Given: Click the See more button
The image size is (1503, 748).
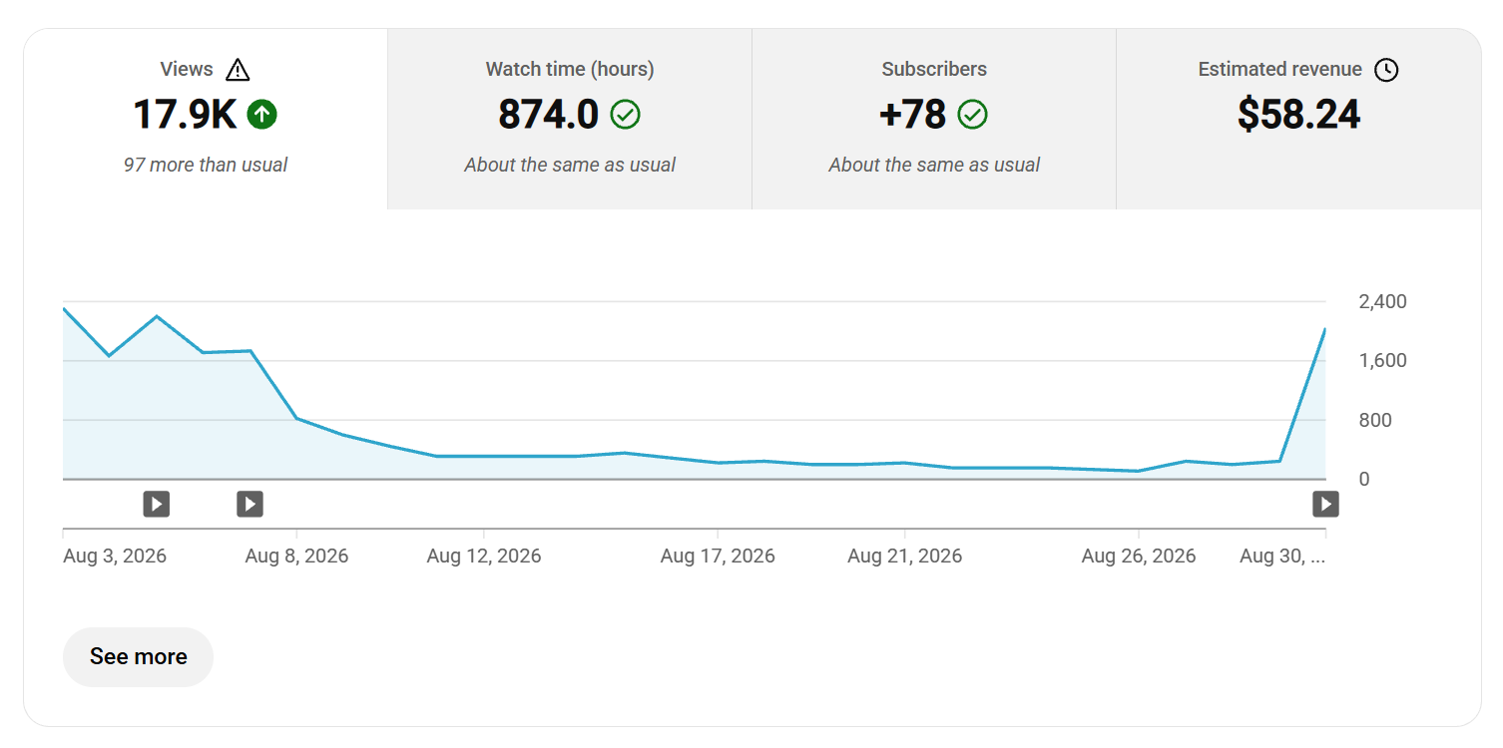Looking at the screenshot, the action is click(138, 657).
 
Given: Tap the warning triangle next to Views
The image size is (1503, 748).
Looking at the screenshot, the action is click(238, 70).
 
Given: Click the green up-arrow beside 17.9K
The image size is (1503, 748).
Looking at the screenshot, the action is click(261, 114).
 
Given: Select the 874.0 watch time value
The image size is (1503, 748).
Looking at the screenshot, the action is click(548, 114).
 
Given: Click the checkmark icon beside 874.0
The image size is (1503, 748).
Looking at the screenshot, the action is click(626, 114).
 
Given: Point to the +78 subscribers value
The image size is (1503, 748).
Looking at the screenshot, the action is click(912, 114).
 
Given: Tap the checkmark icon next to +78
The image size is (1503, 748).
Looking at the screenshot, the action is click(972, 114).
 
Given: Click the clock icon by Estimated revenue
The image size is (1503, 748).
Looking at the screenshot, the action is click(1386, 70).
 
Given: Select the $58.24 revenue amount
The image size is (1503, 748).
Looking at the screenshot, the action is click(1299, 114).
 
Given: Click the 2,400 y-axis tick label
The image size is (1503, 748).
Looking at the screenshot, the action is click(1383, 301).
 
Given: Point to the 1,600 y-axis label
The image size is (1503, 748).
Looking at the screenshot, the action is click(1383, 361).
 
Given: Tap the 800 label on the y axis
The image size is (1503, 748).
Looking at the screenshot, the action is click(1375, 420).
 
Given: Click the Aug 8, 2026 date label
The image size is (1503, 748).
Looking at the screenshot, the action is click(296, 556).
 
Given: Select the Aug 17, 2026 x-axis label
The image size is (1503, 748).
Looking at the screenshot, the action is click(718, 556).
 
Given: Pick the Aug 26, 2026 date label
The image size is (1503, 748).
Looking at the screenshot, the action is click(1139, 556).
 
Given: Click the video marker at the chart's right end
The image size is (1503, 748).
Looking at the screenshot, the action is click(1326, 504).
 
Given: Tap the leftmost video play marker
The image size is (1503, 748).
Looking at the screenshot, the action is click(157, 504).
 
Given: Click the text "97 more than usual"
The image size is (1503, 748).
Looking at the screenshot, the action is click(206, 165).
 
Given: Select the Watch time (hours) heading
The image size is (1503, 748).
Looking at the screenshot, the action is click(570, 69).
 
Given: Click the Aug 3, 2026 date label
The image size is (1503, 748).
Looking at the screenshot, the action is click(115, 556).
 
